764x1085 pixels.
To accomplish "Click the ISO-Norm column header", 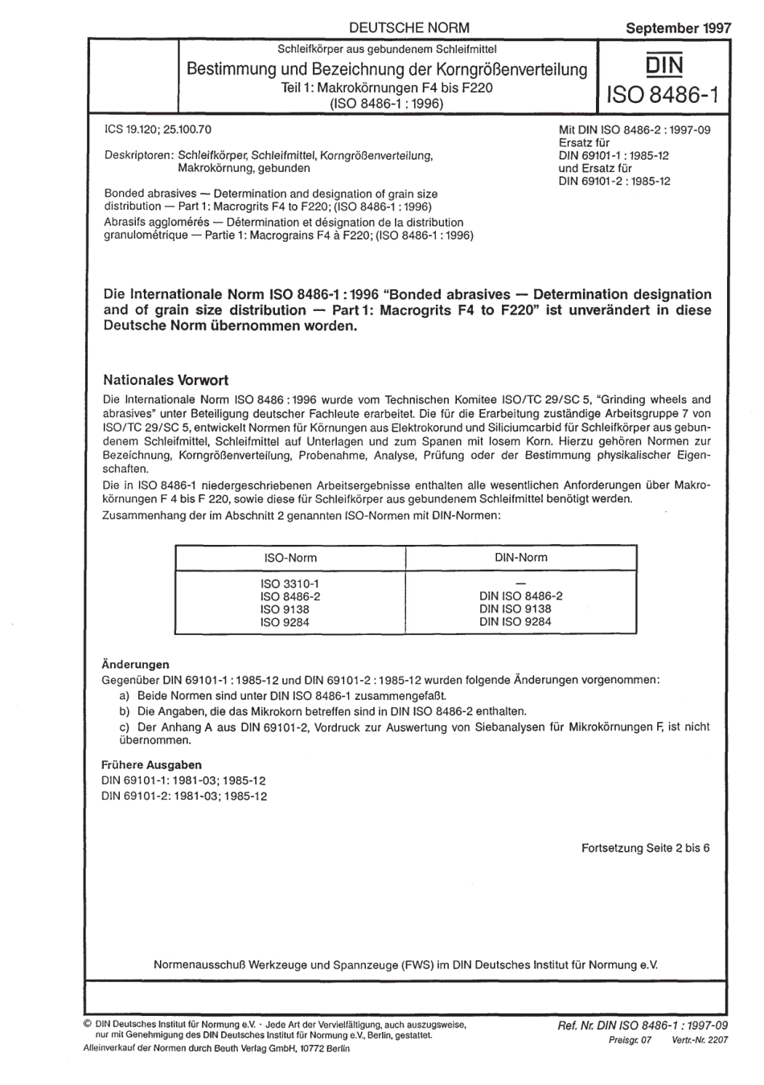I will pyautogui.click(x=290, y=557).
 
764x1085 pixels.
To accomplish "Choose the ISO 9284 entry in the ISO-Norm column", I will pyautogui.click(x=284, y=621).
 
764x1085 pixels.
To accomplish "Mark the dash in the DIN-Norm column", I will pyautogui.click(x=520, y=583).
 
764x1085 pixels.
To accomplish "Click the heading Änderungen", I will pyautogui.click(x=135, y=665).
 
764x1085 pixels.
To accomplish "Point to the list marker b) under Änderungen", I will pyautogui.click(x=125, y=710).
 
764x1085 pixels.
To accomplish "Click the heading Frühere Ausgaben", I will pyautogui.click(x=151, y=764).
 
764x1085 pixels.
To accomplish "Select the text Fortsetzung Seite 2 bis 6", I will pyautogui.click(x=645, y=848).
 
